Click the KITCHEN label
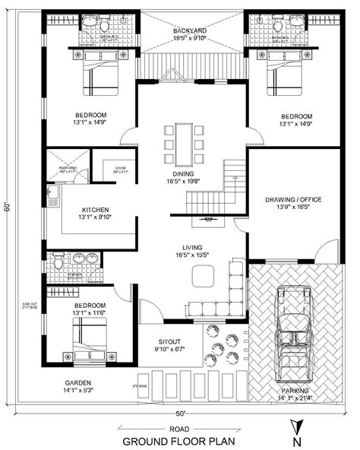click(96, 210)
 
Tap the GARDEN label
click(78, 383)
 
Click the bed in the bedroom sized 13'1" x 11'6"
click(88, 337)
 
